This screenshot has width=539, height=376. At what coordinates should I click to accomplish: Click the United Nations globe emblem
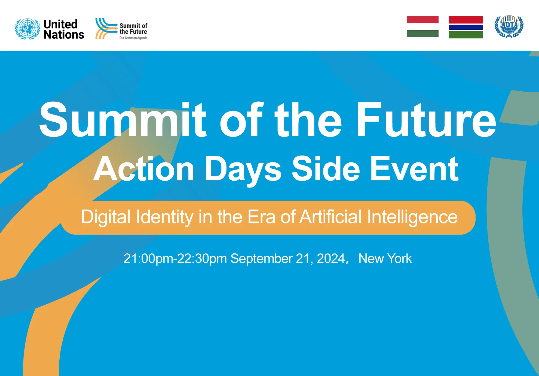click(x=27, y=29)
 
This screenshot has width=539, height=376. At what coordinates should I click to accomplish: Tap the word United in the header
click(x=60, y=24)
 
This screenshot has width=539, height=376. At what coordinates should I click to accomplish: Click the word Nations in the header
click(x=64, y=35)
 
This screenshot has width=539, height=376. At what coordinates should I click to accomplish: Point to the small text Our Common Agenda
click(x=133, y=38)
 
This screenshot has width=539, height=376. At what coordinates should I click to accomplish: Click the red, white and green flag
click(x=423, y=26)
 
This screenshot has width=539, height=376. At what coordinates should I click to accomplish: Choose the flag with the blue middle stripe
click(x=466, y=27)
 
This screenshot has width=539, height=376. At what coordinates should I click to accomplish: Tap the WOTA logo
click(x=509, y=27)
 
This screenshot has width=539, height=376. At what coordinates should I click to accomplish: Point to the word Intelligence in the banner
click(x=412, y=217)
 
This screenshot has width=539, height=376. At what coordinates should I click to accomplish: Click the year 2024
click(x=331, y=258)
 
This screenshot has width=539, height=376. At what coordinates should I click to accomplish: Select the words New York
click(x=385, y=258)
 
